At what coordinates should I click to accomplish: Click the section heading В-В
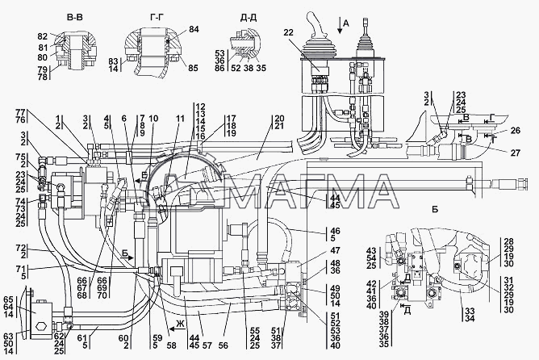pos(74,17)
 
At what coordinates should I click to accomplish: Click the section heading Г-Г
pos(157,17)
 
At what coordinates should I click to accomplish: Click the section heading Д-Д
pos(249,18)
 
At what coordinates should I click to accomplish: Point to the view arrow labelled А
pos(340,26)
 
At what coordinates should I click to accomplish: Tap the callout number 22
pos(289,32)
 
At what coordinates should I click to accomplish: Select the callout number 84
pos(194,29)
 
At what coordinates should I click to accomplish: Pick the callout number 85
pos(193,68)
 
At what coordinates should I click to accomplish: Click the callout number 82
pos(42,37)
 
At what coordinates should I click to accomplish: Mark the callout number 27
pos(516,153)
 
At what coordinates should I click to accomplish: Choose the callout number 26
pos(516,130)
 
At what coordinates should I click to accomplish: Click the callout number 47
pos(335,250)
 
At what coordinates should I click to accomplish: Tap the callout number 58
pos(171,345)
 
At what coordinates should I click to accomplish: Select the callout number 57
pos(207,345)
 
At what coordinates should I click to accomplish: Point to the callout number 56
pos(223,345)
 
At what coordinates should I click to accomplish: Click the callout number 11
pos(180,119)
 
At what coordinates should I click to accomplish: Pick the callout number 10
pos(153,119)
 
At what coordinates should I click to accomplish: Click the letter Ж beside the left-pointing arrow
pos(180,324)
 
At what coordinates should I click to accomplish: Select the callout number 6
pos(124,119)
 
